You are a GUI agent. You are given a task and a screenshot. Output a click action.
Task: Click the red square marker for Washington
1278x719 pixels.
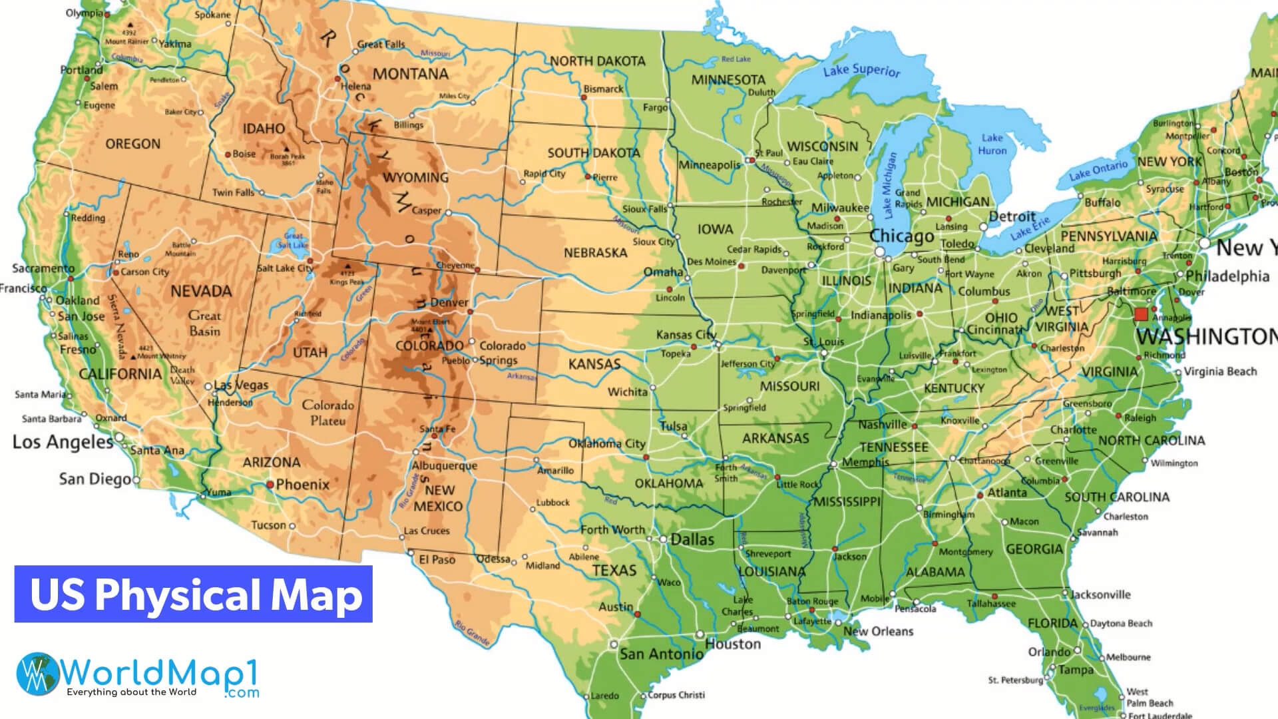click(x=1141, y=314)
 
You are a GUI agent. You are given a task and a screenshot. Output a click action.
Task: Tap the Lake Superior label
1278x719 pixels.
click(x=861, y=70)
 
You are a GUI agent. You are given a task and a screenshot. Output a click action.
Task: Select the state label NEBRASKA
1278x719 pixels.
click(x=595, y=253)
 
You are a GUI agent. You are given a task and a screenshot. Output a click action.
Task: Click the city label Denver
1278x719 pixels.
click(x=449, y=302)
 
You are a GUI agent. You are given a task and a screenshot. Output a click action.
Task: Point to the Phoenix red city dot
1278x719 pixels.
click(x=270, y=485)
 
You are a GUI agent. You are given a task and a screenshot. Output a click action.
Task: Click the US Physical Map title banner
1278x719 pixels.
click(x=194, y=594)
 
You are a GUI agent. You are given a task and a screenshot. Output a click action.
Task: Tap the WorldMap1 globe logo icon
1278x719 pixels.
click(x=38, y=674)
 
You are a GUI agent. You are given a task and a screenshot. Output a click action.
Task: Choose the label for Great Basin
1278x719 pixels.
click(x=204, y=323)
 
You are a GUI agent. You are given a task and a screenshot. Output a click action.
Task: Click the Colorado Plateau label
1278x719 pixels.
click(x=327, y=413)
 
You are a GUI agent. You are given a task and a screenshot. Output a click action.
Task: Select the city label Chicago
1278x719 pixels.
click(x=902, y=236)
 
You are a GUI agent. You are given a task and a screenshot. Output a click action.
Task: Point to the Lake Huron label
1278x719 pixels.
click(x=992, y=144)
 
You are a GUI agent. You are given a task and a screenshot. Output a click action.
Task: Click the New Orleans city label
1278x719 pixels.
click(x=878, y=631)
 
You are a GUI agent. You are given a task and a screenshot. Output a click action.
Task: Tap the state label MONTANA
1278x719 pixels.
click(x=410, y=74)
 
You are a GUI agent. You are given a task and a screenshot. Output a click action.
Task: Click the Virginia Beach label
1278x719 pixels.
click(x=1220, y=371)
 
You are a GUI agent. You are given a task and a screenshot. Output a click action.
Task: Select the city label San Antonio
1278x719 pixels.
click(x=661, y=654)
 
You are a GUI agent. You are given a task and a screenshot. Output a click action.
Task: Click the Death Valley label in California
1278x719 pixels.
click(x=182, y=375)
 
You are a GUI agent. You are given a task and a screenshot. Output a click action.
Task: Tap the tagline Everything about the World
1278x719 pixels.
click(x=131, y=692)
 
